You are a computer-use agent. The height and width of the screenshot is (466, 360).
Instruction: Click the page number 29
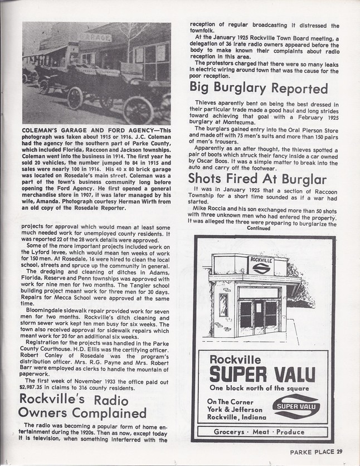click(339, 452)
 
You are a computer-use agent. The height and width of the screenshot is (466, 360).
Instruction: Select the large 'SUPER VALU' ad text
click(262, 374)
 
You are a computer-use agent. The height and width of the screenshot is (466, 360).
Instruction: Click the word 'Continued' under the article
click(258, 228)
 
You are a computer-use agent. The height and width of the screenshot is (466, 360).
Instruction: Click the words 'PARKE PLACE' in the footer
click(312, 452)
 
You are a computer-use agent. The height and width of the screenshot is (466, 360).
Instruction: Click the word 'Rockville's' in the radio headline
click(52, 399)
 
